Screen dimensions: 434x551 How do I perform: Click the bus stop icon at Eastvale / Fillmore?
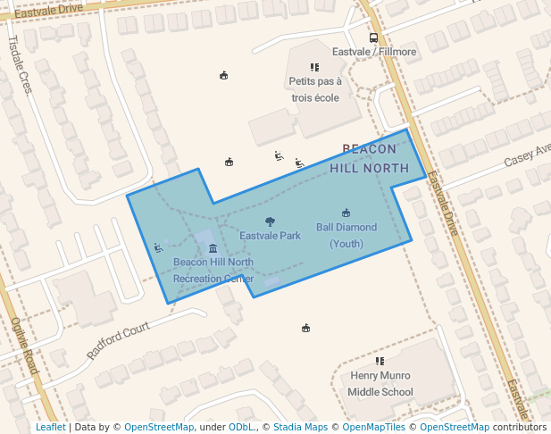[x=373, y=38]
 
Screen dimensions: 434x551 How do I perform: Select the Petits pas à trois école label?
[x=314, y=89]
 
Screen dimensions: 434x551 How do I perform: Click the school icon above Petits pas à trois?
[x=314, y=67]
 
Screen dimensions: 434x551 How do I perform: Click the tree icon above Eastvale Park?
[x=270, y=221]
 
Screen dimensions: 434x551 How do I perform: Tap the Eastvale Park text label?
[x=270, y=236]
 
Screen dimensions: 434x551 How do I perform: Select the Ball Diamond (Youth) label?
[x=346, y=235]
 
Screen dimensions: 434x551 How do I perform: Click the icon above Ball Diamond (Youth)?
[x=346, y=213]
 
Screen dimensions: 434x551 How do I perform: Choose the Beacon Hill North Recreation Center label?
[x=213, y=271]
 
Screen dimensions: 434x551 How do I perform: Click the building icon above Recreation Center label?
[x=213, y=248]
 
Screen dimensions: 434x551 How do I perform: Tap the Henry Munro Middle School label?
[x=380, y=384]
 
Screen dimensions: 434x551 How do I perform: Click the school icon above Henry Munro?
[x=380, y=362]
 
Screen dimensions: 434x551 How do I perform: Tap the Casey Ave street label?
[x=527, y=156]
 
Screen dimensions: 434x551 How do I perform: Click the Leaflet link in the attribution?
[x=51, y=427]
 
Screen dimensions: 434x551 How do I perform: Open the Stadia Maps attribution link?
[x=300, y=427]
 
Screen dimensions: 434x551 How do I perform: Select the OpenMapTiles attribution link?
[x=371, y=427]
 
